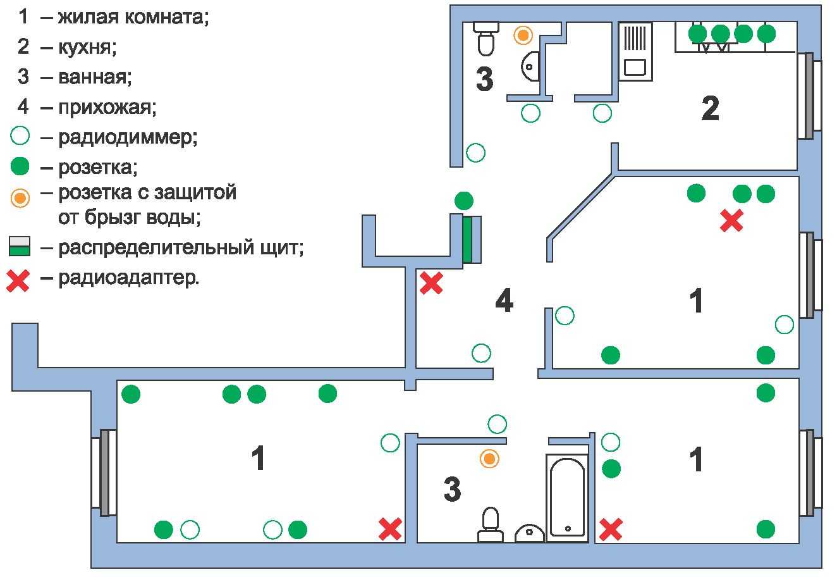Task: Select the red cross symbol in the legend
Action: [x=18, y=279]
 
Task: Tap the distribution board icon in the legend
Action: [x=20, y=246]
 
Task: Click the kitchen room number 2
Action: [x=710, y=109]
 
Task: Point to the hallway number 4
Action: [x=504, y=301]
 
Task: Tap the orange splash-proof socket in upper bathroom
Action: [x=522, y=35]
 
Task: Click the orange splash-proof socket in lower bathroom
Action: [x=489, y=459]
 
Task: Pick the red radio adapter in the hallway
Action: [x=431, y=283]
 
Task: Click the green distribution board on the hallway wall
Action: [x=467, y=240]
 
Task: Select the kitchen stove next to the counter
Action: [x=635, y=52]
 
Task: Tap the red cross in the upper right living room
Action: [x=731, y=220]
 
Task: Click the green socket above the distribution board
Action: [x=463, y=201]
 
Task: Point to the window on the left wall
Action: [x=104, y=472]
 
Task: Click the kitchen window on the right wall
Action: [x=808, y=96]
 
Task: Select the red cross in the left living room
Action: [x=390, y=529]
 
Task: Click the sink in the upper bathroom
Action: [x=530, y=66]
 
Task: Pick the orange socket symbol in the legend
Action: [x=20, y=198]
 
